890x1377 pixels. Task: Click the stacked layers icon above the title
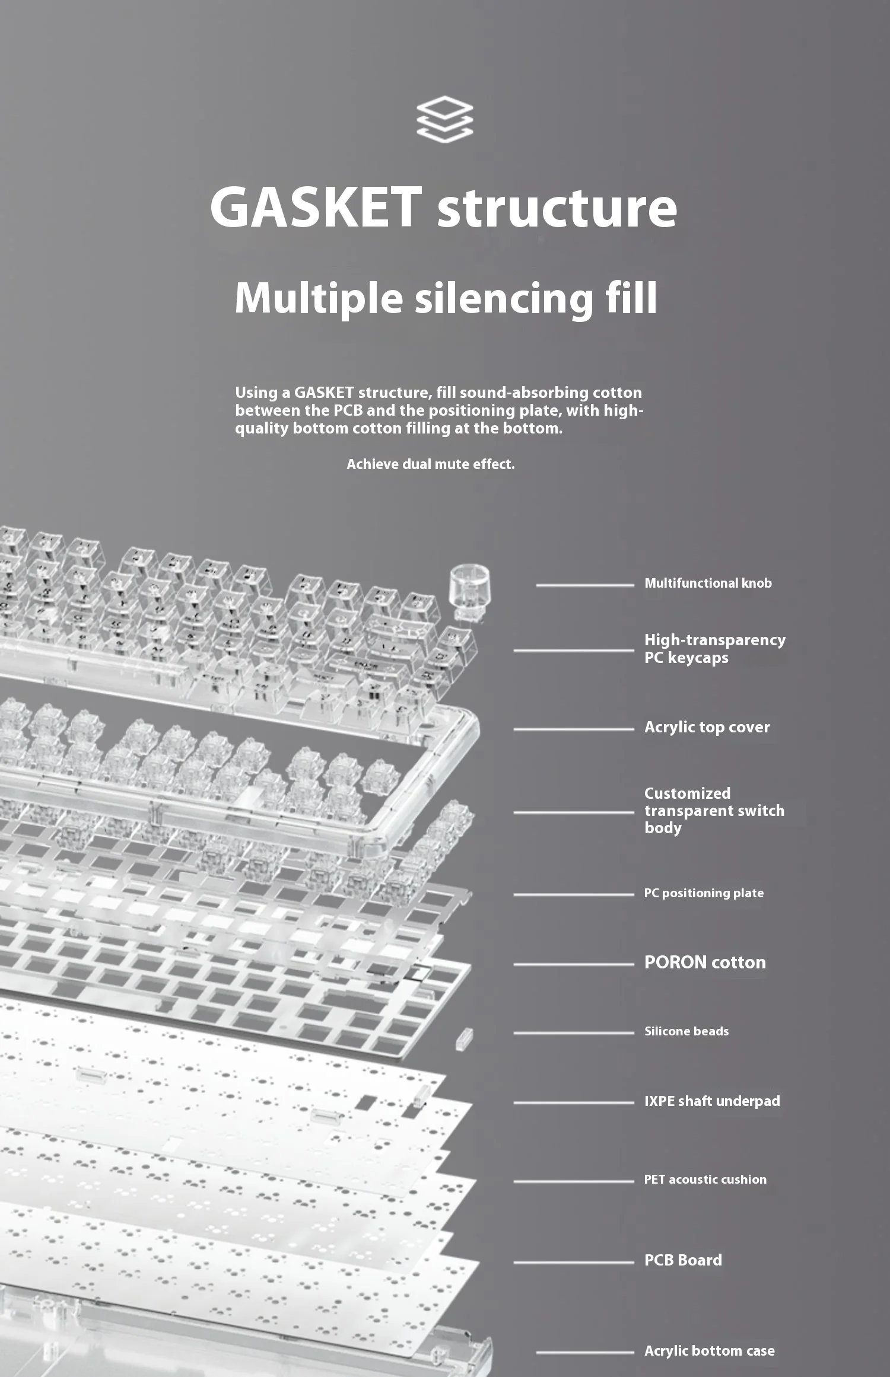pos(444,119)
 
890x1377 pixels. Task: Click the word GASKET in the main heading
pos(316,207)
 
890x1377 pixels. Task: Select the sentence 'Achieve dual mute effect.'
pos(430,464)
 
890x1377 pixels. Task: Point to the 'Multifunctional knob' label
pos(708,584)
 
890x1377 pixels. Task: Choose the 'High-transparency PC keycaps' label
pos(714,649)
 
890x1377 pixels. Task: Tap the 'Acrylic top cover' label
pos(707,727)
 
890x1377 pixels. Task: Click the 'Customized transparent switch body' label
pos(714,811)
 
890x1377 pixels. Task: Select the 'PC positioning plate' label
pos(704,893)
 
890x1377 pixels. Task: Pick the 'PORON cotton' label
pos(705,962)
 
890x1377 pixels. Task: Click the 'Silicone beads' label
pos(686,1031)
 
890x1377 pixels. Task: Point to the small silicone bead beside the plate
pos(464,1038)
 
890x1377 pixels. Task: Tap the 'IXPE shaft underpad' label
pos(712,1101)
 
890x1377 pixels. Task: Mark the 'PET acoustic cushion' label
pos(705,1180)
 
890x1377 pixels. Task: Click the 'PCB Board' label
pos(683,1260)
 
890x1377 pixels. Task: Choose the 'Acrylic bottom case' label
pos(709,1351)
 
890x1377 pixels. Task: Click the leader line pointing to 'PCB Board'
pos(573,1262)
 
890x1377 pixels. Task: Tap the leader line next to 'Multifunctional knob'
pos(584,585)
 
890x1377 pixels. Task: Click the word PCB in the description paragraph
pos(348,410)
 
